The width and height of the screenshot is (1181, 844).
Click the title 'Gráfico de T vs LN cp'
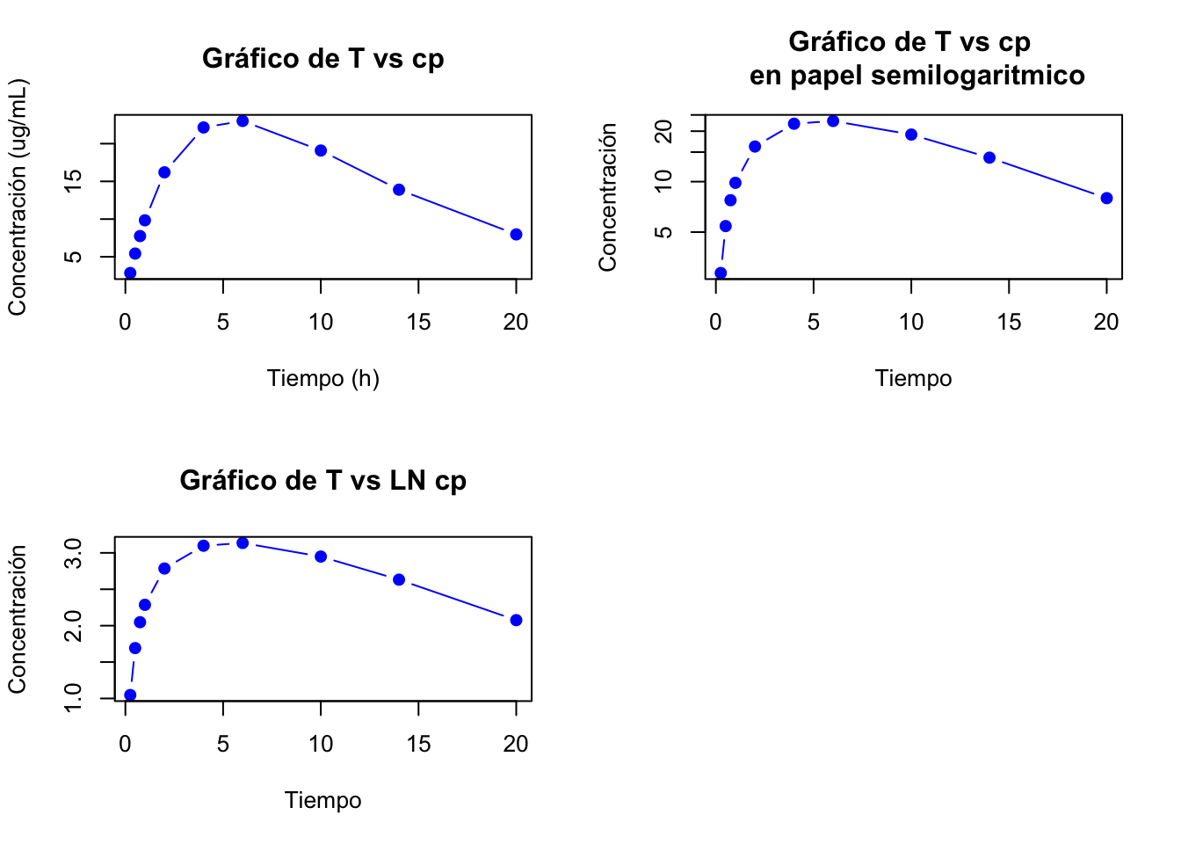322,480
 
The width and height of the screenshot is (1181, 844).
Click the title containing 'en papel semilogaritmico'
917,76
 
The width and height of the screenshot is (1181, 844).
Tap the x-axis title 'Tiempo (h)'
322,378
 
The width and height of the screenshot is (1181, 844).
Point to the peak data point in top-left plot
243,120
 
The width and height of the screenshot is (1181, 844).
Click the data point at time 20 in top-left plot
516,234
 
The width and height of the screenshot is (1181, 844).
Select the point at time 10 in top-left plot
321,150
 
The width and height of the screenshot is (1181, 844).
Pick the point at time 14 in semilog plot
989,157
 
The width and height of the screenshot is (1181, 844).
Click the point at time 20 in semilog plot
1106,198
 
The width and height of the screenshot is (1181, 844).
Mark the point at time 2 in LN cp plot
164,569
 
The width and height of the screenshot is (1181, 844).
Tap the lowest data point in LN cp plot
130,695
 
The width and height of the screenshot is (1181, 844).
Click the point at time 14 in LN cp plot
399,579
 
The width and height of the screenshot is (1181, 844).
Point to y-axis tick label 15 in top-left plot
74,181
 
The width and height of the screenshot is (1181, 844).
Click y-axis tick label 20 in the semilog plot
664,131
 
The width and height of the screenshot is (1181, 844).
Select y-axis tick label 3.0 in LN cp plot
74,553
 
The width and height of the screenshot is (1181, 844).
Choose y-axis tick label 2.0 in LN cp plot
74,626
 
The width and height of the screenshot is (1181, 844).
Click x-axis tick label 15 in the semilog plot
1009,323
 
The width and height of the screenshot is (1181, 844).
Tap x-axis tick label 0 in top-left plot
126,323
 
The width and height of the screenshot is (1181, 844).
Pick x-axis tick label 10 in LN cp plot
321,745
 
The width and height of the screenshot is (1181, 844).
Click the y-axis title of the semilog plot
608,197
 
